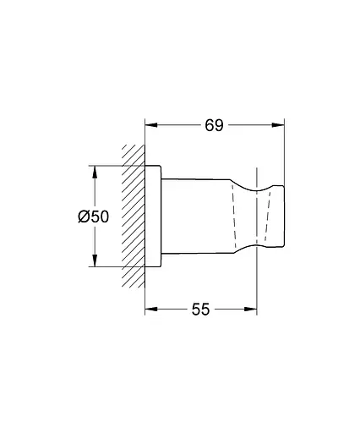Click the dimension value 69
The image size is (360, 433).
point(214,126)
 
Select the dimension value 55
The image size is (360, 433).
point(199,310)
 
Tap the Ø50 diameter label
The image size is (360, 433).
point(94,216)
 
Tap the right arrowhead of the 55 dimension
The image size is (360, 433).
point(250,310)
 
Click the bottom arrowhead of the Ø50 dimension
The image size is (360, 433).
point(94,262)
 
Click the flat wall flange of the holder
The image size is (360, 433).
point(153,216)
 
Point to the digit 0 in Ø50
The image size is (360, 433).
point(104,216)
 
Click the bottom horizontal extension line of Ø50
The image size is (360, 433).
point(114,266)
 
